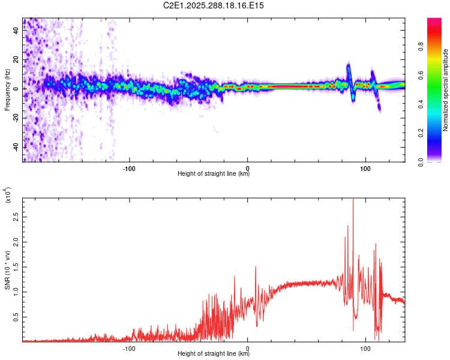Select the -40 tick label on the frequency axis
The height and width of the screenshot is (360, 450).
15,147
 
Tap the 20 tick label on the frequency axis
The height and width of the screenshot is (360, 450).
16,60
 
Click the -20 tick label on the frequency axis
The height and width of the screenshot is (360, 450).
15,118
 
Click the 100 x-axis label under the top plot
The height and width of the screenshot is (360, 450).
365,168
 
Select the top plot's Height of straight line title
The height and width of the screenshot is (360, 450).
214,174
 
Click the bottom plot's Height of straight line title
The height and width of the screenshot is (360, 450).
214,354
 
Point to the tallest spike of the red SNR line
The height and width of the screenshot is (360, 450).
353,200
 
